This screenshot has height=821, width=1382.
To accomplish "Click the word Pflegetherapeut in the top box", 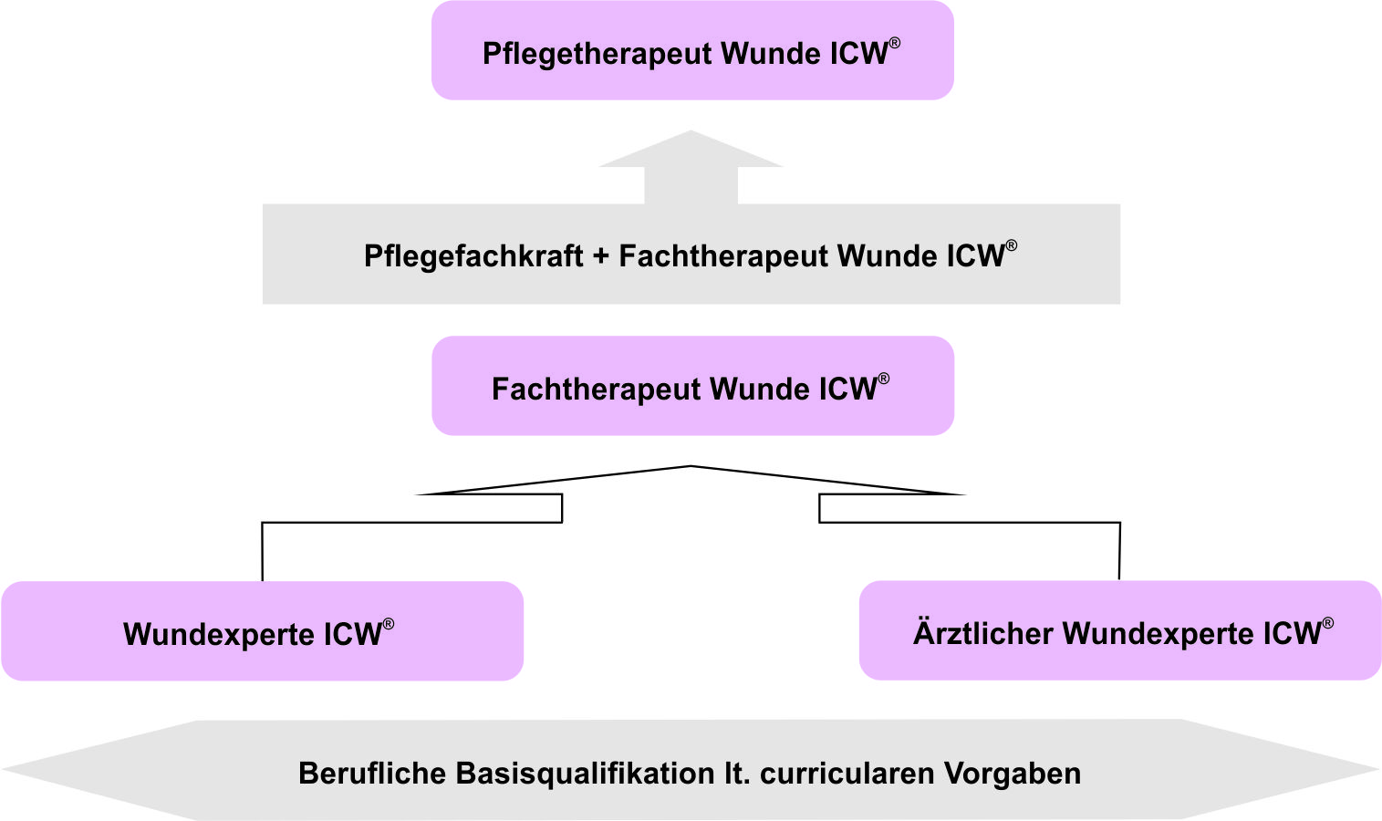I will click(597, 54).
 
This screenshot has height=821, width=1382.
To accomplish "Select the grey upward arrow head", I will click(691, 151).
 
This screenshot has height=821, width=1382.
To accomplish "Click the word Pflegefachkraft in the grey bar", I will click(473, 256).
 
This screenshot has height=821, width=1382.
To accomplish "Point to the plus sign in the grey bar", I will click(600, 257).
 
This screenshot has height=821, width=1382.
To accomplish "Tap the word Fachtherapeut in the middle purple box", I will click(597, 390).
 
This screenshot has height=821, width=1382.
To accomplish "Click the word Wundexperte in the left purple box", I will click(220, 635).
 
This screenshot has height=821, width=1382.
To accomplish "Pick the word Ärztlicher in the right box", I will click(983, 633).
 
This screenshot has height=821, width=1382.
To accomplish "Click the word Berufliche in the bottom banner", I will click(372, 774).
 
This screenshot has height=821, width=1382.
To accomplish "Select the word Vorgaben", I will click(1013, 774).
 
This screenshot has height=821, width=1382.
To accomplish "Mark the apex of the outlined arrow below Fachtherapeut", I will click(691, 468).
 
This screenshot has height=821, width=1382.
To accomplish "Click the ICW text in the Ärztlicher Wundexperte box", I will click(1292, 633).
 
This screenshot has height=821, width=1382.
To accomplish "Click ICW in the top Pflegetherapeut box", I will click(858, 54).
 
